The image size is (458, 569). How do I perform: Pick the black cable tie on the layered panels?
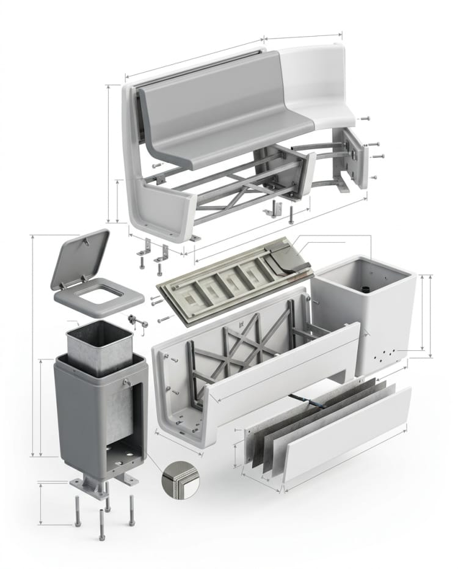[318, 403]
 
